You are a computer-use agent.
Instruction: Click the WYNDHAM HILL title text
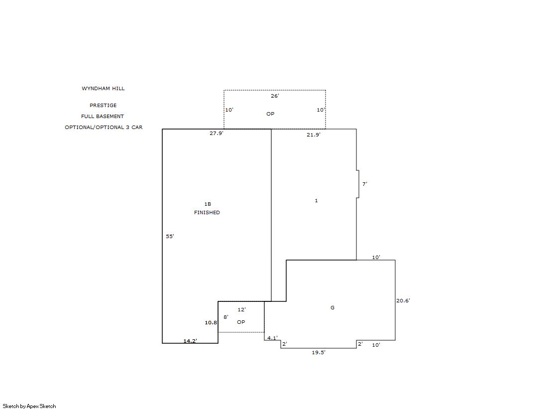tap(103, 89)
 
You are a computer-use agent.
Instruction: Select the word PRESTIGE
tap(103, 105)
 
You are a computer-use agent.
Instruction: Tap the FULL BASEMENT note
tap(103, 116)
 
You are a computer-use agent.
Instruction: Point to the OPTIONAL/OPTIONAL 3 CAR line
tap(104, 128)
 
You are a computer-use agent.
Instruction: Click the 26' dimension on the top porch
tap(275, 96)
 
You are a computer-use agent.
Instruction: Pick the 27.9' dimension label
tap(217, 134)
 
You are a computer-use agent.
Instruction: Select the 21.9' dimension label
tap(314, 135)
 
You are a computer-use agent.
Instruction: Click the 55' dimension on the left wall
tap(170, 236)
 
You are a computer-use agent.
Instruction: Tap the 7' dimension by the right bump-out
tap(364, 184)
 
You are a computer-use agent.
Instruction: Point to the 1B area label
tap(208, 204)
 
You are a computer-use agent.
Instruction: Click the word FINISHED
tap(207, 213)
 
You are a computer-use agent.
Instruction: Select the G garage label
tap(333, 308)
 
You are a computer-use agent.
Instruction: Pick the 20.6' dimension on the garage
tap(403, 300)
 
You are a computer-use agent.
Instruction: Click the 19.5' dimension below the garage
tap(319, 352)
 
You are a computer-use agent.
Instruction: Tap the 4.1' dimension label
tap(272, 338)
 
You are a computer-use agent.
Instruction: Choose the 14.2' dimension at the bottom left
tap(190, 341)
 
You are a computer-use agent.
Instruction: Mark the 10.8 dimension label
tap(211, 323)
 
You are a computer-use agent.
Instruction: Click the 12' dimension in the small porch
tap(241, 310)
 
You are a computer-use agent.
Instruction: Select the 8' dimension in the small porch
tap(225, 317)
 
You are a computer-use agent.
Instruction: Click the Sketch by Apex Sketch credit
tap(29, 406)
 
